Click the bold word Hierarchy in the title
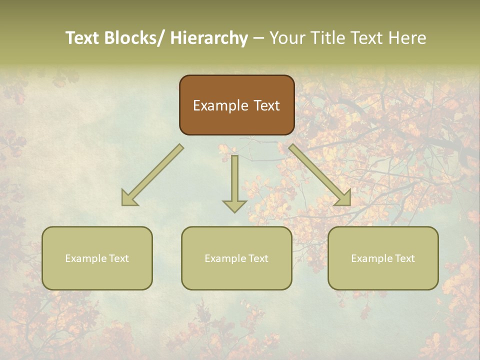point(208,38)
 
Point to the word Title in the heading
point(329,38)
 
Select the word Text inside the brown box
point(266,105)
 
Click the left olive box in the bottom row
point(97,275)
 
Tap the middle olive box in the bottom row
point(236,275)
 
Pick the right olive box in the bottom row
point(383,275)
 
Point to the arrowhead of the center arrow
point(234,206)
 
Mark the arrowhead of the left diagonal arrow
point(129,199)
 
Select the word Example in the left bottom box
point(86,258)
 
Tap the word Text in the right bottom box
point(404,258)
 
